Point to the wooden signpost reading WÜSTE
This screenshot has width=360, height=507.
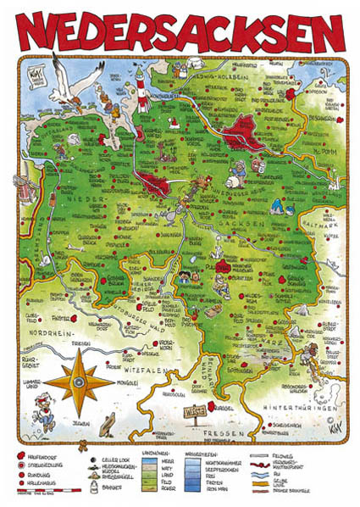coord(194,413)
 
